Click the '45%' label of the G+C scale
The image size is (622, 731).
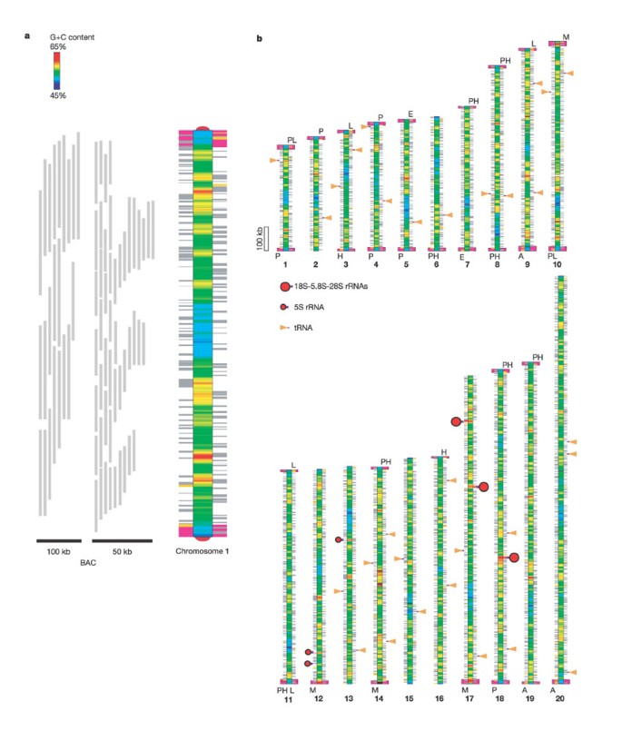[x=57, y=95]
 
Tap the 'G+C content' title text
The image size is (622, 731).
[x=73, y=36]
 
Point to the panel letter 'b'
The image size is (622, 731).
[x=261, y=39]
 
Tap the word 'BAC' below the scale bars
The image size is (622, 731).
[x=88, y=563]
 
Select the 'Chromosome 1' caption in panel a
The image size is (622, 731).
[x=202, y=550]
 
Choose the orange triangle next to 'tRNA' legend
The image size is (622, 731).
[x=285, y=326]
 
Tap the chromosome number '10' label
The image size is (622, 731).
[x=560, y=264]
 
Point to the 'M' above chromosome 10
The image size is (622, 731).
[x=566, y=37]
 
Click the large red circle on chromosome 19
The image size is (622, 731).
[x=514, y=558]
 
